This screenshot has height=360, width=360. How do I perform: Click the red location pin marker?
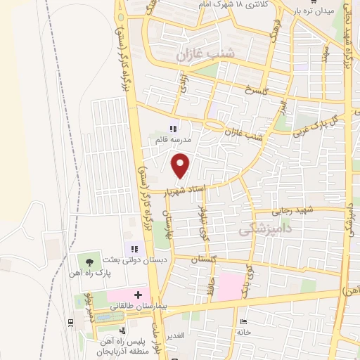pyautogui.click(x=181, y=165)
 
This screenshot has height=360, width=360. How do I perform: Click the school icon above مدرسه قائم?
pyautogui.click(x=173, y=129)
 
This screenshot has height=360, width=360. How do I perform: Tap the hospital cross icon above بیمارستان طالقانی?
pyautogui.click(x=138, y=295)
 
